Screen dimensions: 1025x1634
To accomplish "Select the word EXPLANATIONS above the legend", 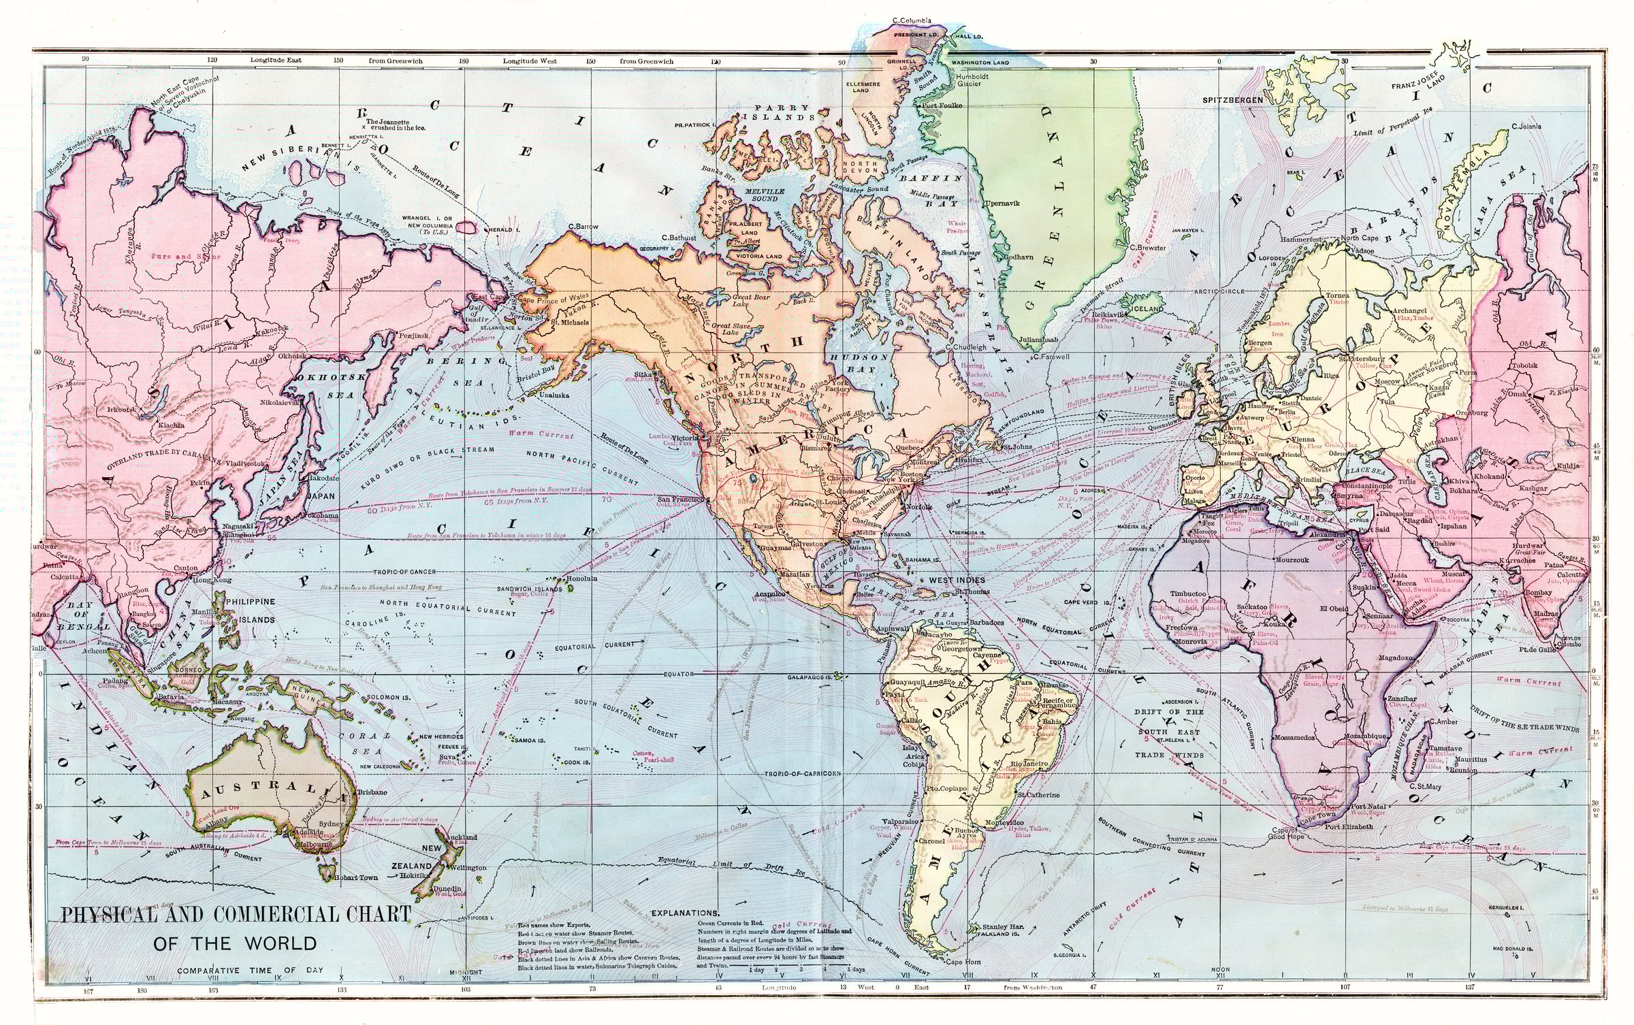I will coord(685,913).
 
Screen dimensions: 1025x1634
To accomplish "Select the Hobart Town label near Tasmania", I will coord(356,878).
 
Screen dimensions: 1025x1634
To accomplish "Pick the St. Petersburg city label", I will coord(1362,359).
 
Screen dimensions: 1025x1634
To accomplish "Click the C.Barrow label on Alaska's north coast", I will coord(582,226).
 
